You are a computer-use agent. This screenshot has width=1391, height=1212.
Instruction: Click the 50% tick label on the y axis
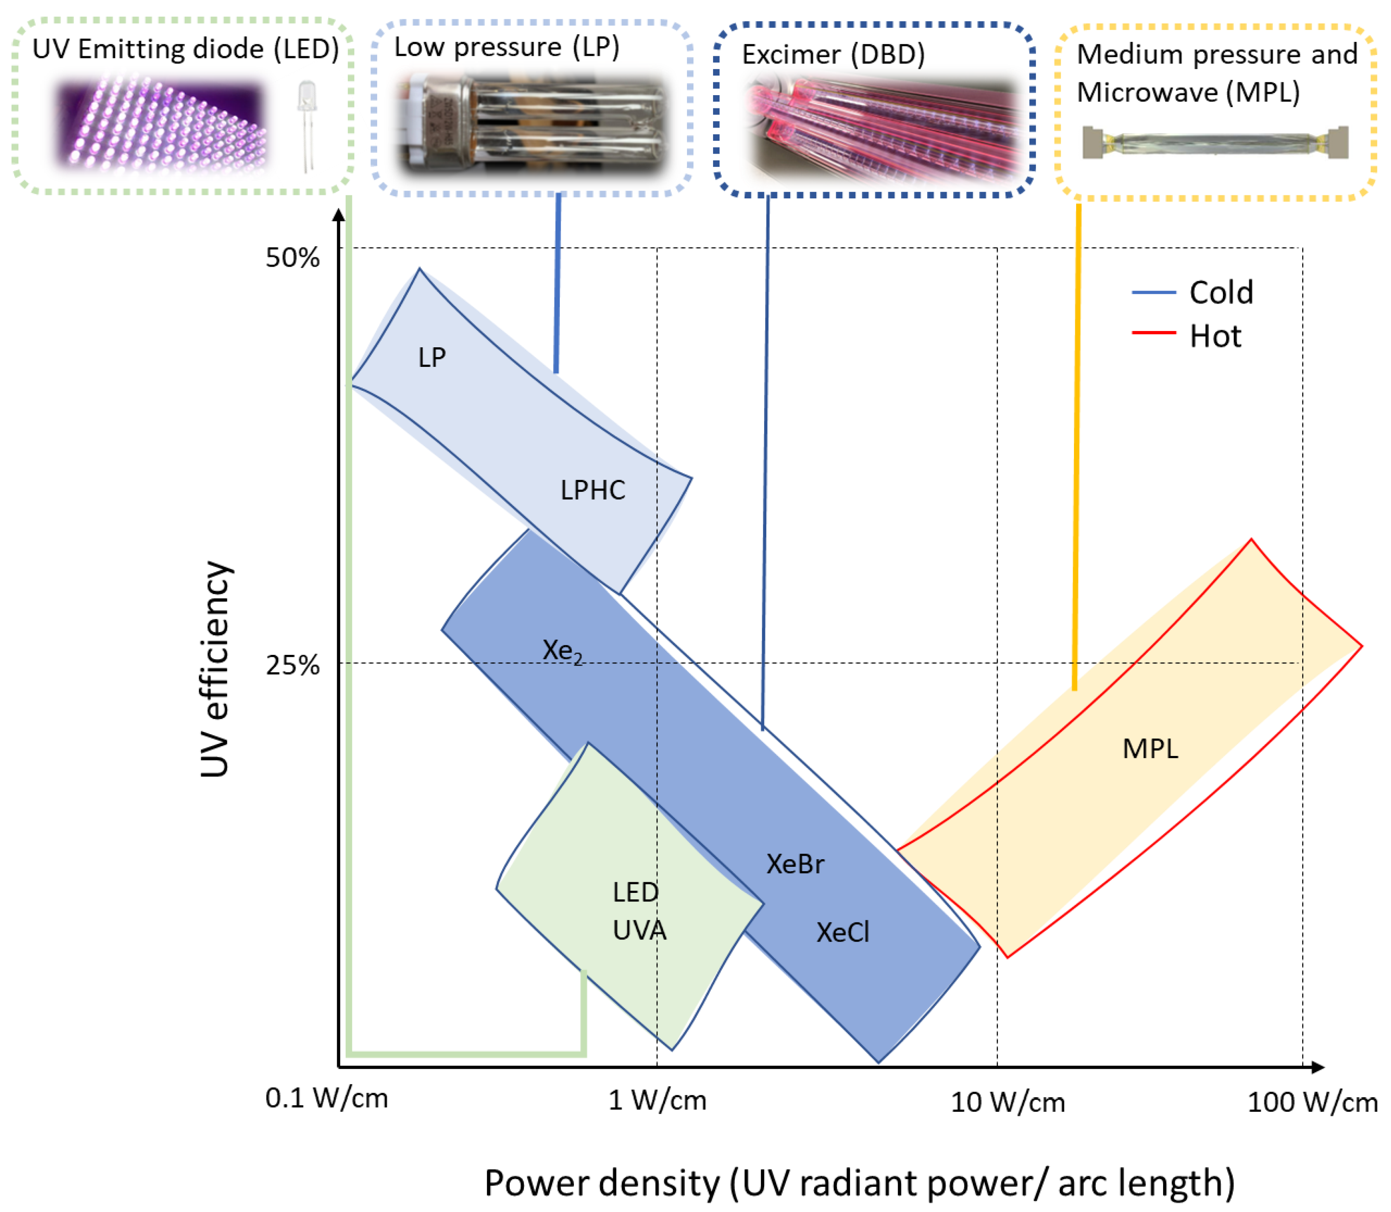(x=292, y=258)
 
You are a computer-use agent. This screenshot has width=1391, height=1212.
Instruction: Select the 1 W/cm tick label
(x=657, y=1100)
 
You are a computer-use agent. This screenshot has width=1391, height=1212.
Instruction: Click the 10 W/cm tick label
(x=1007, y=1102)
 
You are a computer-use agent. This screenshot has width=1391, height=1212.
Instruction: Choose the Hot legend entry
(x=1215, y=336)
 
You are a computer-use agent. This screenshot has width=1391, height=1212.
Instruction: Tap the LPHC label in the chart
(x=593, y=490)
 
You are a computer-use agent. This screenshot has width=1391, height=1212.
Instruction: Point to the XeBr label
(x=795, y=864)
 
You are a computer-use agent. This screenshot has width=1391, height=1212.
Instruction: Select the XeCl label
(x=842, y=933)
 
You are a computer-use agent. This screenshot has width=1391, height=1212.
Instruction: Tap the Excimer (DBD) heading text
(x=833, y=55)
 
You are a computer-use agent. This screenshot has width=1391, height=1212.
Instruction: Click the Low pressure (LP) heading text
(x=507, y=47)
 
